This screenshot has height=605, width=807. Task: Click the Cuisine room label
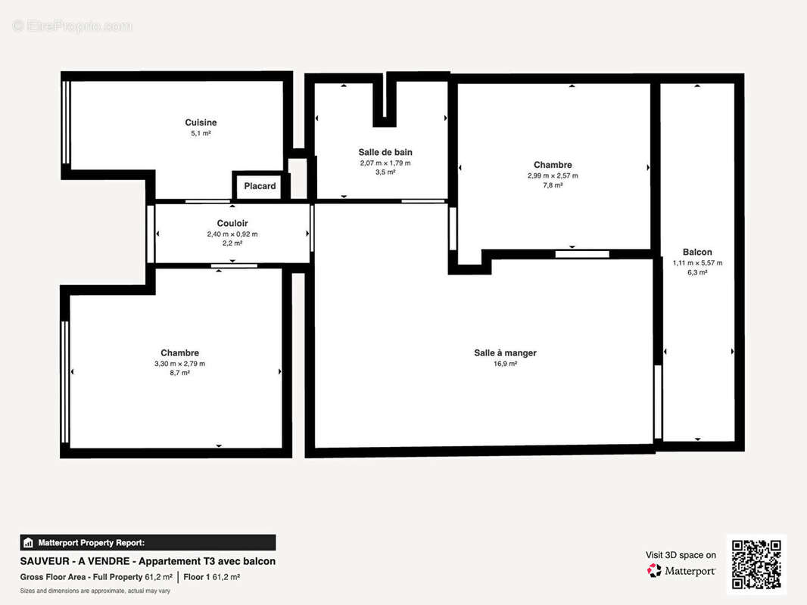click(x=201, y=123)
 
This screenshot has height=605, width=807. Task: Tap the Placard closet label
click(x=260, y=186)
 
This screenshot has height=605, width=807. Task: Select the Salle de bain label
click(x=385, y=152)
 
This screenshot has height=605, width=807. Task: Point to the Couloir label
click(x=232, y=223)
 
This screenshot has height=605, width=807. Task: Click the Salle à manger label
click(x=506, y=352)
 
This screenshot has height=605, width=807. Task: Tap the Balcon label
click(x=697, y=252)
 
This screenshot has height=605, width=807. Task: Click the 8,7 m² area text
click(x=179, y=373)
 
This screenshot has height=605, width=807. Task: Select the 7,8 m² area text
click(x=553, y=185)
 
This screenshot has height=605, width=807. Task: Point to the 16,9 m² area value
click(x=506, y=364)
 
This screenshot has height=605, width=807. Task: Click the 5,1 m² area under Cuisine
click(x=201, y=133)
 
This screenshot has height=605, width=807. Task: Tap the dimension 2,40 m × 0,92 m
click(x=232, y=234)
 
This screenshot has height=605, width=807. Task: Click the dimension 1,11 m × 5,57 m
click(x=697, y=262)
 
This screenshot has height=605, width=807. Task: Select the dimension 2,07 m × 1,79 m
click(x=385, y=163)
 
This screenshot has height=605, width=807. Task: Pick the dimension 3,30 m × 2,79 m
click(x=179, y=364)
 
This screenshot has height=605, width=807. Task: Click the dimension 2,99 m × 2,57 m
click(x=553, y=175)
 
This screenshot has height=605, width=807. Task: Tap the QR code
click(x=756, y=564)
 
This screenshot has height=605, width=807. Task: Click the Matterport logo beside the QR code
click(x=681, y=570)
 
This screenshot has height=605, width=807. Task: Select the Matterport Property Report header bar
click(x=148, y=542)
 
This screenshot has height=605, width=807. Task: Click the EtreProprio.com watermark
click(x=73, y=26)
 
